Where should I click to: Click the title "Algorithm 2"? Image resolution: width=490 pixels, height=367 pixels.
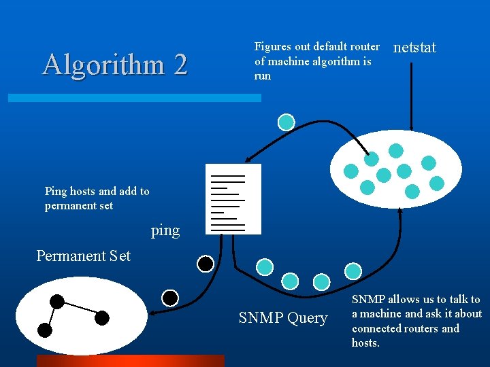114,65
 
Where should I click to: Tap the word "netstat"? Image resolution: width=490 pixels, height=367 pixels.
415,48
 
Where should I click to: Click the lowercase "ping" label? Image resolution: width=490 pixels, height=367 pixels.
165,230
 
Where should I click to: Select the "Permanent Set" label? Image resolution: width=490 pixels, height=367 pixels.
83,256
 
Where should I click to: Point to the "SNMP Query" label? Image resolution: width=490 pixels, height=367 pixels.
283,318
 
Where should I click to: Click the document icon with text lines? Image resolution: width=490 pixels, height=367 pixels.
233,199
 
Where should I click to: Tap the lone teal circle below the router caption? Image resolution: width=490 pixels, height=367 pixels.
287,122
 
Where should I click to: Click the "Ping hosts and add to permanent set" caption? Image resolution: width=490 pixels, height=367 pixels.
97,198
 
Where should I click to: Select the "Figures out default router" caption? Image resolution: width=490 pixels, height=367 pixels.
316,61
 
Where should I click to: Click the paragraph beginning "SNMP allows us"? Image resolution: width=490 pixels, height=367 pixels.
416,321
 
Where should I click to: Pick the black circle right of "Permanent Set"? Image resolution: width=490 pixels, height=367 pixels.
205,263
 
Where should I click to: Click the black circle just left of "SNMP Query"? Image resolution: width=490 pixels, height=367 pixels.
170,298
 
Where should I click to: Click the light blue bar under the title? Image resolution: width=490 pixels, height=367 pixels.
134,98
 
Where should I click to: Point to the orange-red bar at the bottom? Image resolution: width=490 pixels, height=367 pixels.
130,361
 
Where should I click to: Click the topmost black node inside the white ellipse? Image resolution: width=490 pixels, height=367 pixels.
57,301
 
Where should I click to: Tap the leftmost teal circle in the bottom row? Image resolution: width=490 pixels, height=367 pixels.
264,266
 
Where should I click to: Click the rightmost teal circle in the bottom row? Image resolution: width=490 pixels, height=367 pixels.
353,270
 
